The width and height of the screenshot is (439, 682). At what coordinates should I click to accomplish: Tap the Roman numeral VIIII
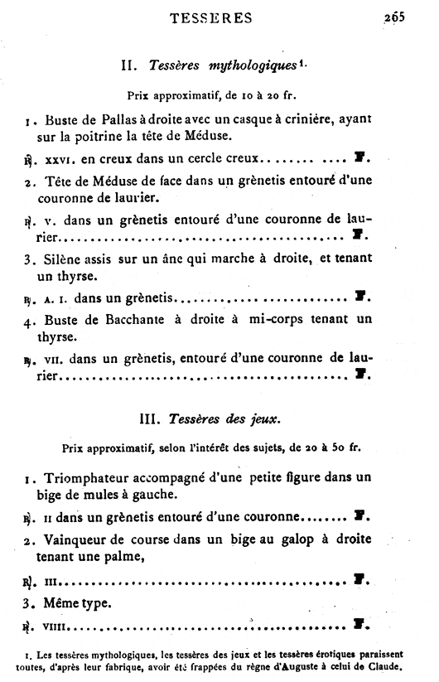tap(60, 627)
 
